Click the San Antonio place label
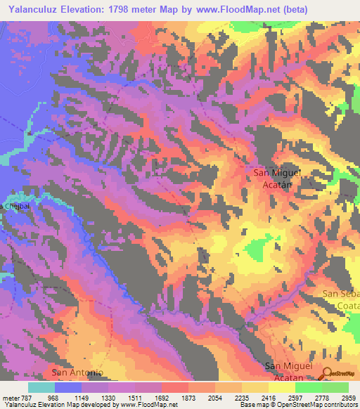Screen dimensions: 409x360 [78, 372]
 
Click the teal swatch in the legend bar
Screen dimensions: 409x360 [41, 387]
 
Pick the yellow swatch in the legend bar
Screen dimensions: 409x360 [281, 387]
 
